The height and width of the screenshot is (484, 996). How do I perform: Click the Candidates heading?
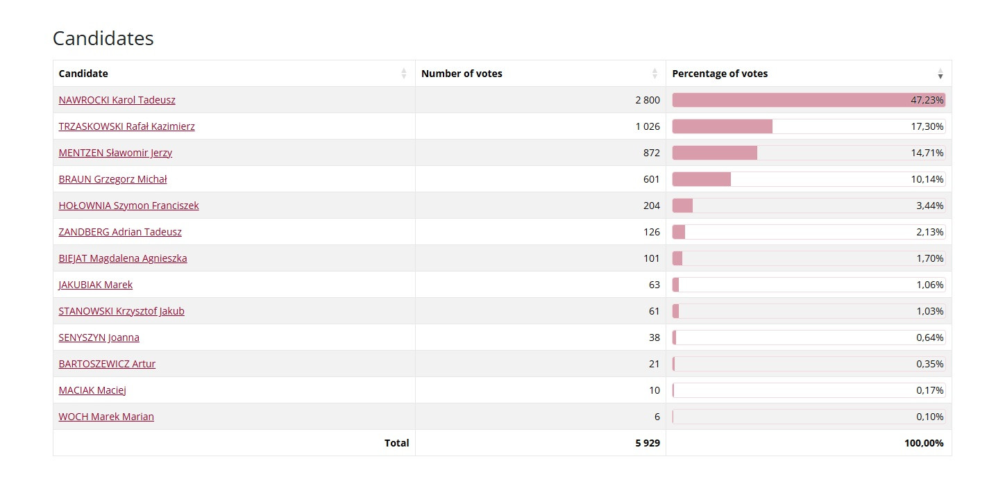click(x=103, y=38)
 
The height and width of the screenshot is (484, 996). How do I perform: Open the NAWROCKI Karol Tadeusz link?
click(x=117, y=100)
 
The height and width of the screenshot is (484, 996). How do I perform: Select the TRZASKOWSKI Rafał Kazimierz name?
click(x=126, y=126)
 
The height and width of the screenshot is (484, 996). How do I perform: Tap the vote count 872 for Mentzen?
click(x=651, y=153)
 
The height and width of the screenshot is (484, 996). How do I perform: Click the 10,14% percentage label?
click(x=927, y=179)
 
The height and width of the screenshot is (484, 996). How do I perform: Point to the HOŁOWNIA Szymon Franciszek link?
click(x=128, y=206)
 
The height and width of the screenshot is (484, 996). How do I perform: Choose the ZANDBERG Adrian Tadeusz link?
click(x=120, y=232)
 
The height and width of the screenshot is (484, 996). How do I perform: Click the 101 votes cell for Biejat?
click(x=651, y=258)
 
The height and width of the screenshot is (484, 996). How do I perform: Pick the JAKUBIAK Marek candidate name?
click(x=95, y=285)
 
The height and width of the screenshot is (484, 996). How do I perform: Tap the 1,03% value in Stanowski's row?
click(x=929, y=311)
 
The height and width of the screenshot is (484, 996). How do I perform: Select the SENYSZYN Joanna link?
click(x=99, y=337)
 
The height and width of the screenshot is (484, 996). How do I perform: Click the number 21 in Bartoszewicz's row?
click(x=654, y=364)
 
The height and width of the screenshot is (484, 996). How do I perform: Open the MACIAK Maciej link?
click(x=92, y=390)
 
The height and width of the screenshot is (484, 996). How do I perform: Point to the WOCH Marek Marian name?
click(x=106, y=417)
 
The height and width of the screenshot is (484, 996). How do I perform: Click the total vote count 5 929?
click(x=647, y=443)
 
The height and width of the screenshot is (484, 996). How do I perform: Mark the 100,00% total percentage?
click(x=923, y=443)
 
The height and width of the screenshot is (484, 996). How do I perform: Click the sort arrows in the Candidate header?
click(x=404, y=74)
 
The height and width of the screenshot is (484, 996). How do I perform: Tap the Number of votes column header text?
click(x=462, y=74)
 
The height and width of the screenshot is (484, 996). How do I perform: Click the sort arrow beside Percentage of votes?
click(x=940, y=74)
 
